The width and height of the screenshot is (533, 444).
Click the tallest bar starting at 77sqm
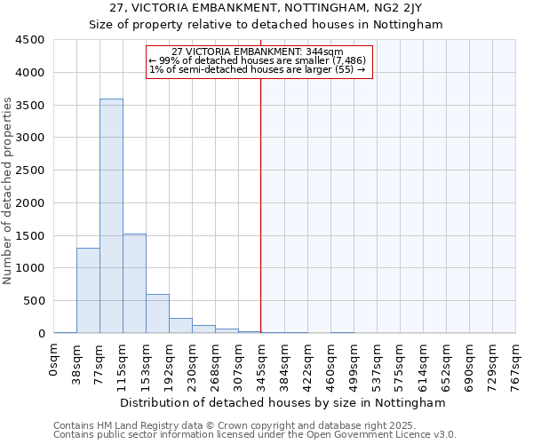pyautogui.click(x=111, y=216)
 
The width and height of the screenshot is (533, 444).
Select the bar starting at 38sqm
pyautogui.click(x=88, y=290)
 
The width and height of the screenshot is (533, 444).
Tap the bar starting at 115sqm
pyautogui.click(x=134, y=283)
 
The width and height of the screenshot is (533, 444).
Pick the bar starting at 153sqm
pyautogui.click(x=157, y=313)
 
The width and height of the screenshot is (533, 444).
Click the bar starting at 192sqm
pyautogui.click(x=180, y=325)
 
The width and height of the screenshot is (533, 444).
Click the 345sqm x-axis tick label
pyautogui.click(x=261, y=362)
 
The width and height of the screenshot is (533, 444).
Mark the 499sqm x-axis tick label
pyautogui.click(x=354, y=362)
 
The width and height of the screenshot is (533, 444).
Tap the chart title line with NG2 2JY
pyautogui.click(x=265, y=8)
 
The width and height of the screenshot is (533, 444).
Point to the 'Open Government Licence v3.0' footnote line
pyautogui.click(x=255, y=435)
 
